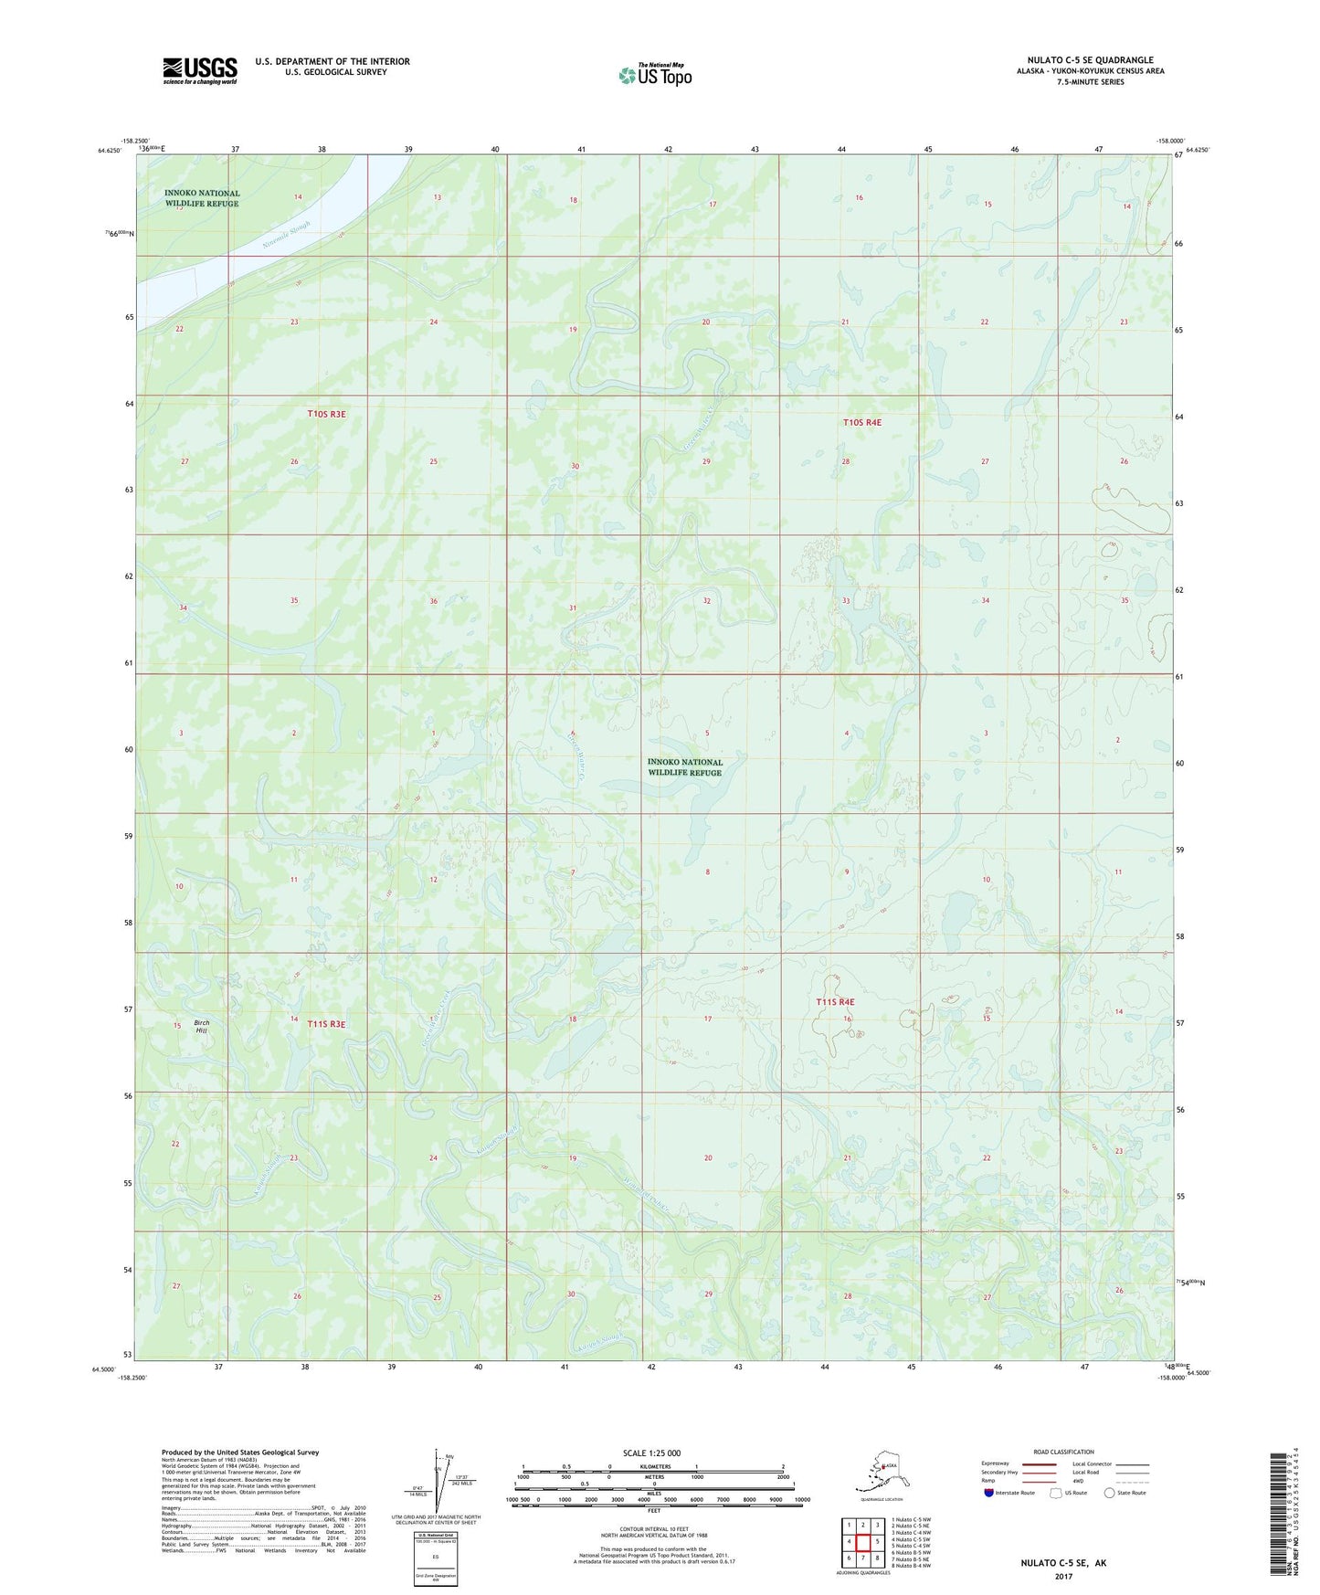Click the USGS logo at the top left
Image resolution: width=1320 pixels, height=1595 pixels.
tap(199, 70)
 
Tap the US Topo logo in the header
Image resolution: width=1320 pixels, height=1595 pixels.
tap(654, 74)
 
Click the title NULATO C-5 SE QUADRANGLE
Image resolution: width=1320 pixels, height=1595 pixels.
tap(1090, 60)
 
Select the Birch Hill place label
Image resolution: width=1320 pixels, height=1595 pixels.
tap(201, 1026)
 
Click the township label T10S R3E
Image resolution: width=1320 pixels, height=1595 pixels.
tap(326, 414)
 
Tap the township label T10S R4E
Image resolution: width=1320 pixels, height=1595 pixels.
tap(861, 422)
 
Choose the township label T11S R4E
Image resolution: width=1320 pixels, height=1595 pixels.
tap(835, 1002)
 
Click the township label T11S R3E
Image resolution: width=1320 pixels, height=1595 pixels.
tap(326, 1024)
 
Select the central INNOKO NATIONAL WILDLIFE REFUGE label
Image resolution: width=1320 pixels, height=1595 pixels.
tap(684, 766)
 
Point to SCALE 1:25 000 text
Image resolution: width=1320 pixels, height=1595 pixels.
tap(651, 1452)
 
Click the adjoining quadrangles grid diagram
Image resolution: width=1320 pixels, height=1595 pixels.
tap(862, 1543)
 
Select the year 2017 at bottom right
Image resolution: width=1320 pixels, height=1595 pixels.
tap(1062, 1576)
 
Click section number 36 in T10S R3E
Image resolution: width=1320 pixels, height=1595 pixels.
tap(433, 601)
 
